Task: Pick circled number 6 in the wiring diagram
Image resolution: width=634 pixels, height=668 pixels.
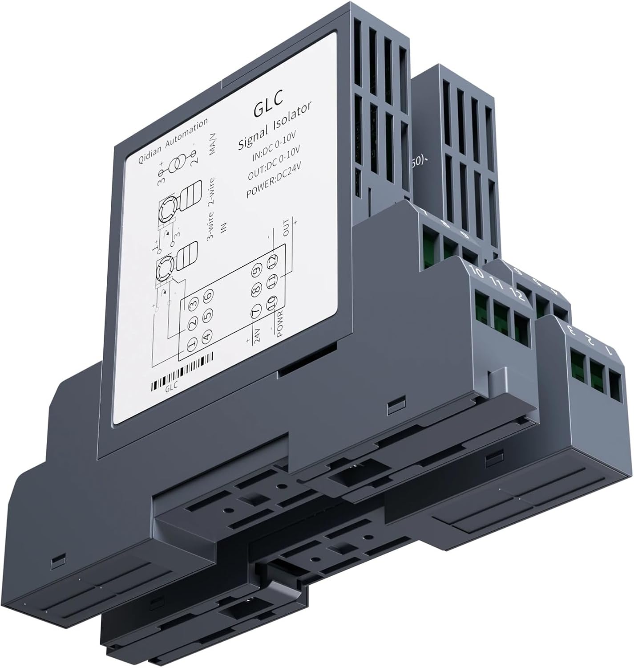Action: pyautogui.click(x=208, y=295)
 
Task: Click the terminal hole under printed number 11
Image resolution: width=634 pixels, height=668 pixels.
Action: pyautogui.click(x=501, y=319)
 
